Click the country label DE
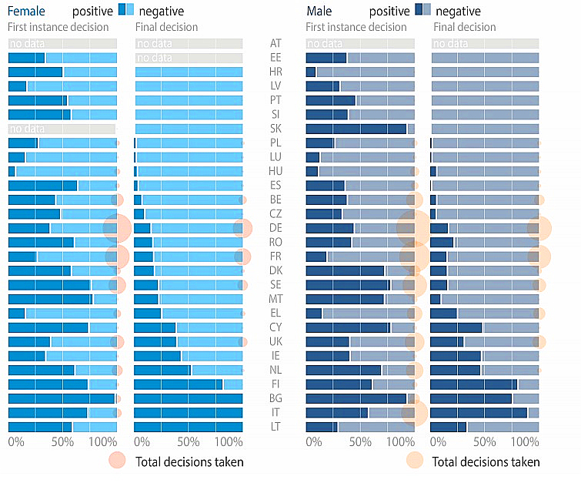click(x=275, y=228)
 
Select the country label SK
click(x=275, y=129)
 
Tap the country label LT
click(x=275, y=426)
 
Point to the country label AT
click(x=275, y=43)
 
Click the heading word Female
click(x=26, y=12)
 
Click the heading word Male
click(x=319, y=12)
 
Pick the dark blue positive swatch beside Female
click(x=123, y=11)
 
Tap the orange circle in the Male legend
click(x=415, y=461)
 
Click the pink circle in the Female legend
click(x=117, y=461)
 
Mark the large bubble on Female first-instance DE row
click(x=117, y=228)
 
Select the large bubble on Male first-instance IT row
click(x=415, y=412)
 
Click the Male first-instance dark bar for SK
click(x=356, y=129)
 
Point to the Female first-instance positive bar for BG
click(x=61, y=398)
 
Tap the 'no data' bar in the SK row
click(x=62, y=129)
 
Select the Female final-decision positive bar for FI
click(x=179, y=384)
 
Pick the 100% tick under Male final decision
click(x=526, y=443)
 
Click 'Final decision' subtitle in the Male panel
click(x=465, y=27)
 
